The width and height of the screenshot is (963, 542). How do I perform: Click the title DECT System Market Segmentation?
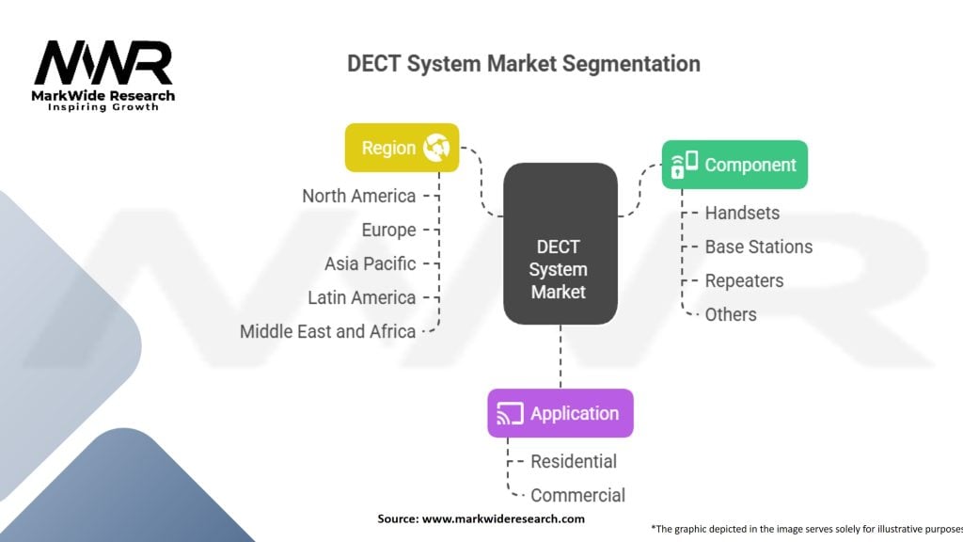click(524, 64)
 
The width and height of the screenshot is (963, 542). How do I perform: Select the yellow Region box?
click(402, 148)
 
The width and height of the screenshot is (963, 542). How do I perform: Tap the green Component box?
click(734, 165)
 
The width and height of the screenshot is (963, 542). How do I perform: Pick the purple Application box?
click(560, 413)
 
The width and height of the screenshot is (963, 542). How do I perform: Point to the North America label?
click(358, 196)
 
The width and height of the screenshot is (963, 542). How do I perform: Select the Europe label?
click(388, 230)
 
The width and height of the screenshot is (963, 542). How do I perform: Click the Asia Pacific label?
click(370, 263)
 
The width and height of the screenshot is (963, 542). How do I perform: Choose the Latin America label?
click(361, 297)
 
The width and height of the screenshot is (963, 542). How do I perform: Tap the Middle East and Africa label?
click(327, 331)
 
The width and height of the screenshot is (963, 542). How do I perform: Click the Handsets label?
click(742, 213)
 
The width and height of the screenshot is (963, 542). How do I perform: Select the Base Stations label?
click(758, 247)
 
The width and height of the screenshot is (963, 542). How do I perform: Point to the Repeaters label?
click(744, 280)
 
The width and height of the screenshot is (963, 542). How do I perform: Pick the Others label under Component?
click(731, 314)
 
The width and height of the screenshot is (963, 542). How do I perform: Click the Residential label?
click(574, 461)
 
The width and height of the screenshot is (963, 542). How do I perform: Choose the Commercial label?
click(577, 495)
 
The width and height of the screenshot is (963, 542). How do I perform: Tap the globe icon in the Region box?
click(436, 148)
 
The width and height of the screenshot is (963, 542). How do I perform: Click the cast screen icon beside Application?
click(510, 413)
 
